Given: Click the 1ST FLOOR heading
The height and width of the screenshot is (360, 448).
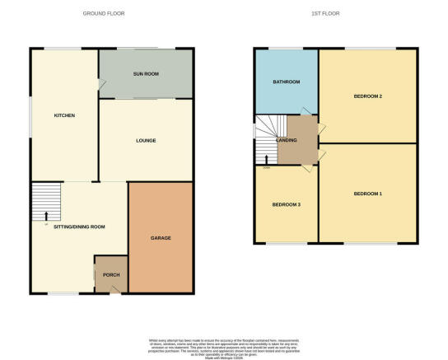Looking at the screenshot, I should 324,13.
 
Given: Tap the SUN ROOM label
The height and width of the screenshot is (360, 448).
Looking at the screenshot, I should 146,74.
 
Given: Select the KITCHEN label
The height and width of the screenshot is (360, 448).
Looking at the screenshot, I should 64,115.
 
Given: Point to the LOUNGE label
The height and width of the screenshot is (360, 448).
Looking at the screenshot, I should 146,140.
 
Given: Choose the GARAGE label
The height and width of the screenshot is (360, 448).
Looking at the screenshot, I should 160,238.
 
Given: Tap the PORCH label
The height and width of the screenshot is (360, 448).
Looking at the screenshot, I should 110,276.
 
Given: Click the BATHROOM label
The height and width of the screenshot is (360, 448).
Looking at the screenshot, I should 286,82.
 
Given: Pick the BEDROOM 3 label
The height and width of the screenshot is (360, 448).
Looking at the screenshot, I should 286,203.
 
